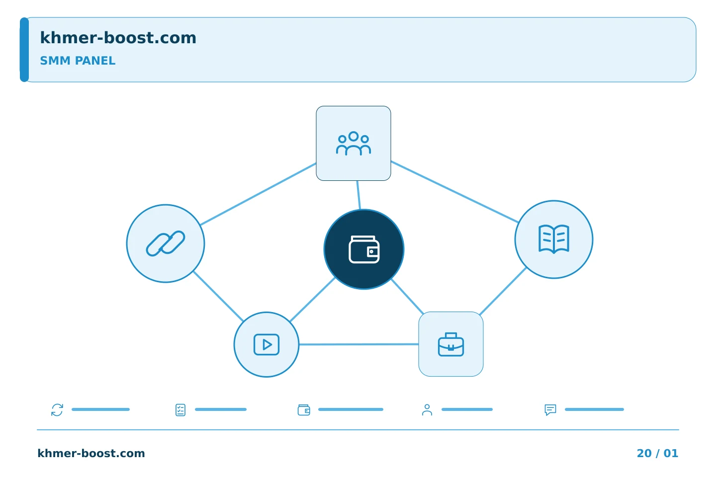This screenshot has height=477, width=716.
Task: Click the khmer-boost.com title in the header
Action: click(x=118, y=38)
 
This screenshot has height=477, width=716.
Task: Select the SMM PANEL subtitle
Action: click(x=78, y=61)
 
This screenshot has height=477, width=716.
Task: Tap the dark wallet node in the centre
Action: click(x=364, y=249)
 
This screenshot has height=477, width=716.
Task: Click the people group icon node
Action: click(x=353, y=143)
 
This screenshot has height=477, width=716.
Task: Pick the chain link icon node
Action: click(x=165, y=243)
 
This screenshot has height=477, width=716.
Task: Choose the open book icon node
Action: click(x=553, y=239)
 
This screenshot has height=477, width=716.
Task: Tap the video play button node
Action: click(x=267, y=344)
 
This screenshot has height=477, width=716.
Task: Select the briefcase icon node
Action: click(x=450, y=344)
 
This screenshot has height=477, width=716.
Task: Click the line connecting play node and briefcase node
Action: click(x=358, y=344)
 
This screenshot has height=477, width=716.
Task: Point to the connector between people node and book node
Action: click(x=454, y=191)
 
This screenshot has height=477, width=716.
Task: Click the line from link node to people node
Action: click(x=258, y=194)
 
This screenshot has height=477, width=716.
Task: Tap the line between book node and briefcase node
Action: click(x=503, y=291)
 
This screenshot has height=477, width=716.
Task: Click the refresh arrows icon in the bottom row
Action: click(x=57, y=409)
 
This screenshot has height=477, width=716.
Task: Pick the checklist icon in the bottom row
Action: click(x=180, y=410)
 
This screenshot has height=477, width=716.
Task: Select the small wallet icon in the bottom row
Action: click(x=304, y=410)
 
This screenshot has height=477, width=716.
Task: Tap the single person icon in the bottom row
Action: click(x=427, y=410)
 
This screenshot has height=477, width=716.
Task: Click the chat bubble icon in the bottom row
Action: click(x=550, y=410)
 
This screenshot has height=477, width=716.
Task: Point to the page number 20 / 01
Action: click(x=657, y=453)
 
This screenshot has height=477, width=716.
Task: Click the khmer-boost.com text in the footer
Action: click(x=91, y=453)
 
